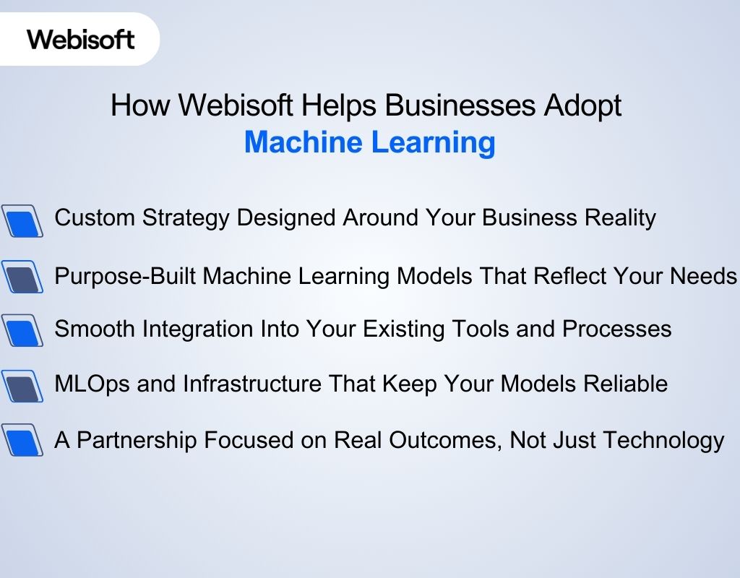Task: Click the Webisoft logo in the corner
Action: pos(81,39)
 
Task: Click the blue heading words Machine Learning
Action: pos(369,142)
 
